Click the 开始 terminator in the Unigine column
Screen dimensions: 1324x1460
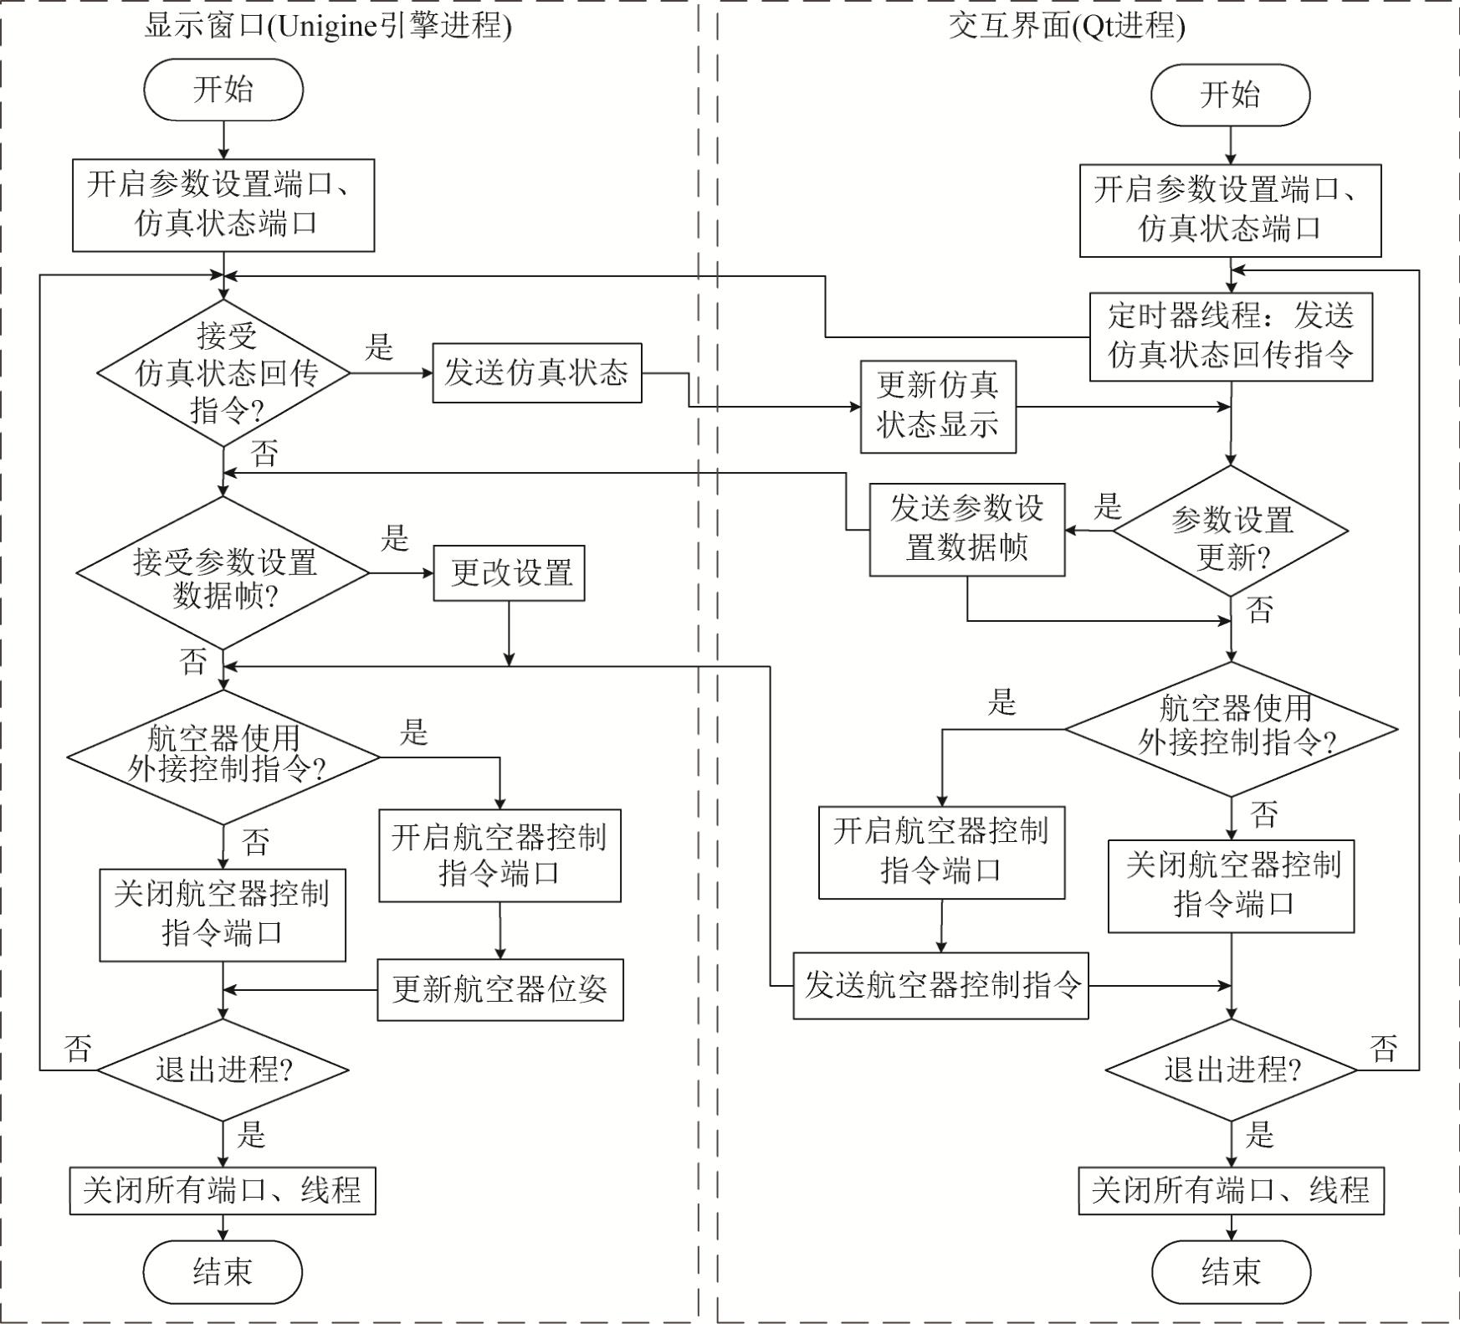tap(223, 90)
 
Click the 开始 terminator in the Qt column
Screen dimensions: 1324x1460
tap(1230, 95)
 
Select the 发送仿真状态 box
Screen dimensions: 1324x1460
tap(536, 372)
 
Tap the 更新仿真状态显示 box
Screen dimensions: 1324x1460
tap(938, 407)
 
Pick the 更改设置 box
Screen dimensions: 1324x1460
tap(509, 573)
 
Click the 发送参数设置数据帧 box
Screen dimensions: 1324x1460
tap(967, 529)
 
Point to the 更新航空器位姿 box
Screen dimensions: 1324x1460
tap(500, 989)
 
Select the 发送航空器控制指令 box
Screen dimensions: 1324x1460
tap(940, 985)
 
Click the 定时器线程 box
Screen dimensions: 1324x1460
tap(1230, 336)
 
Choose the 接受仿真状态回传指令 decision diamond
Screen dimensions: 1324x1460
tap(223, 373)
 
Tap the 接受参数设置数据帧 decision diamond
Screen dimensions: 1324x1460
tap(223, 573)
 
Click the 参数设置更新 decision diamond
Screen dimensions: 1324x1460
tap(1231, 531)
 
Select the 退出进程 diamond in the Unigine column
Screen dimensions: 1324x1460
tap(223, 1070)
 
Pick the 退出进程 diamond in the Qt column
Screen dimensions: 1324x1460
tap(1231, 1070)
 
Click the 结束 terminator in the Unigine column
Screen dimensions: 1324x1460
tap(223, 1272)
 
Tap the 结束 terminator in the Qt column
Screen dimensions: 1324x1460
tap(1231, 1272)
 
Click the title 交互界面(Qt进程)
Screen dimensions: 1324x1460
tap(1066, 26)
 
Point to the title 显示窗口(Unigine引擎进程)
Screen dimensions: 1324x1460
tap(327, 26)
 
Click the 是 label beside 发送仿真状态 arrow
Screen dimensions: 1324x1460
tap(379, 346)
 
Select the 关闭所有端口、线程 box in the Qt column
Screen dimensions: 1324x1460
tap(1231, 1190)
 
